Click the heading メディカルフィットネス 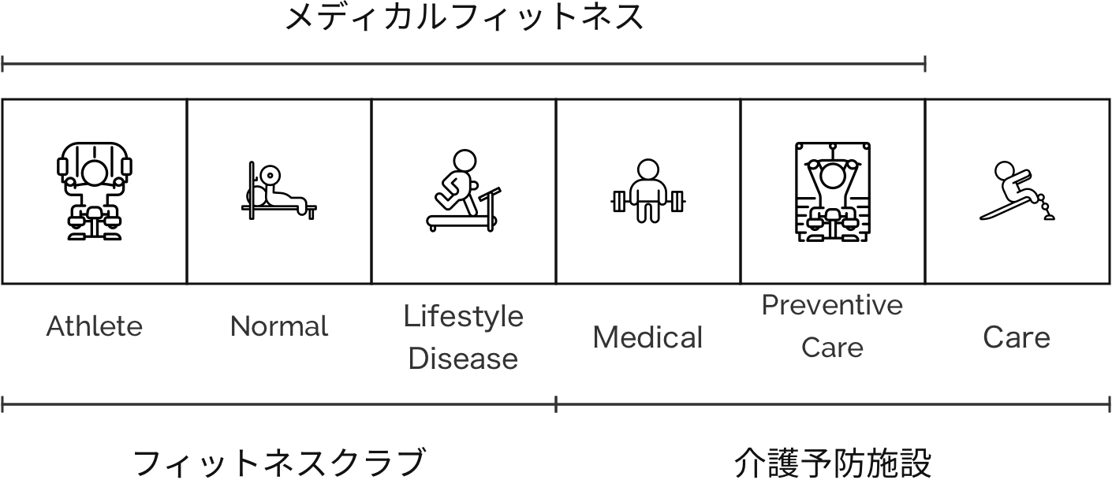pos(464,17)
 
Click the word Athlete pos(95,326)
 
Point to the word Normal pos(279,326)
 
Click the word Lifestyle pos(464,316)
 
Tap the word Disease pos(464,359)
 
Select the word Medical pos(647,337)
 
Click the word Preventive pos(832,305)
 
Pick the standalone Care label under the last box pos(1017,337)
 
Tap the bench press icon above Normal pos(279,192)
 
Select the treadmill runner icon pos(464,191)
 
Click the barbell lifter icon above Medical pos(647,191)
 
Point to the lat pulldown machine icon pos(832,191)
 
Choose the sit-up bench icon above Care pos(1017,191)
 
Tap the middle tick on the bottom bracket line pos(556,405)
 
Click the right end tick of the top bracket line pos(924,64)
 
